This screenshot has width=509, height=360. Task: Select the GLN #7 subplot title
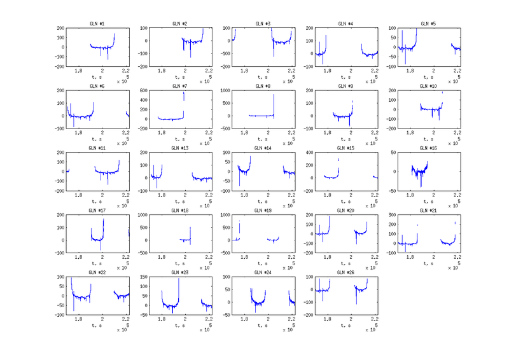tap(179, 86)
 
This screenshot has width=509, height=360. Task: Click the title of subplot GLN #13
tap(179, 148)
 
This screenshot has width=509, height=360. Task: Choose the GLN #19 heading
tap(263, 211)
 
